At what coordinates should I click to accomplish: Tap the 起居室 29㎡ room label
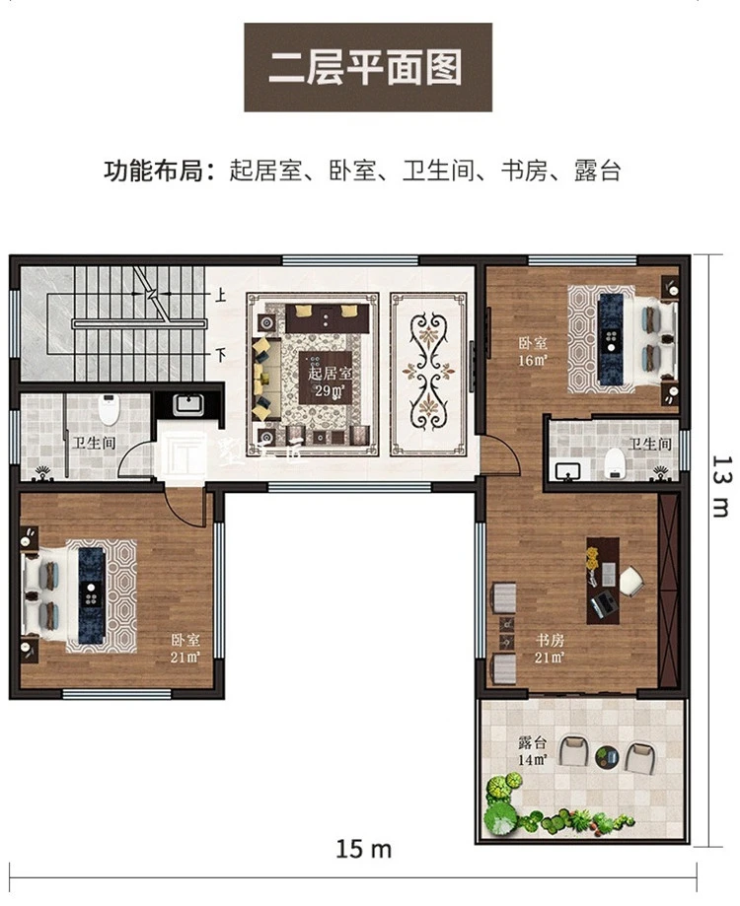click(x=330, y=383)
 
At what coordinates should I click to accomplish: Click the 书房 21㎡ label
click(x=551, y=648)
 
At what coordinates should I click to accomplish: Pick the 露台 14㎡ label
click(x=532, y=750)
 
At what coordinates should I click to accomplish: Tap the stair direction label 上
click(x=221, y=295)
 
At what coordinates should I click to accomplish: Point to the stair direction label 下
click(x=221, y=352)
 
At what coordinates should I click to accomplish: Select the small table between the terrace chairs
click(x=606, y=756)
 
